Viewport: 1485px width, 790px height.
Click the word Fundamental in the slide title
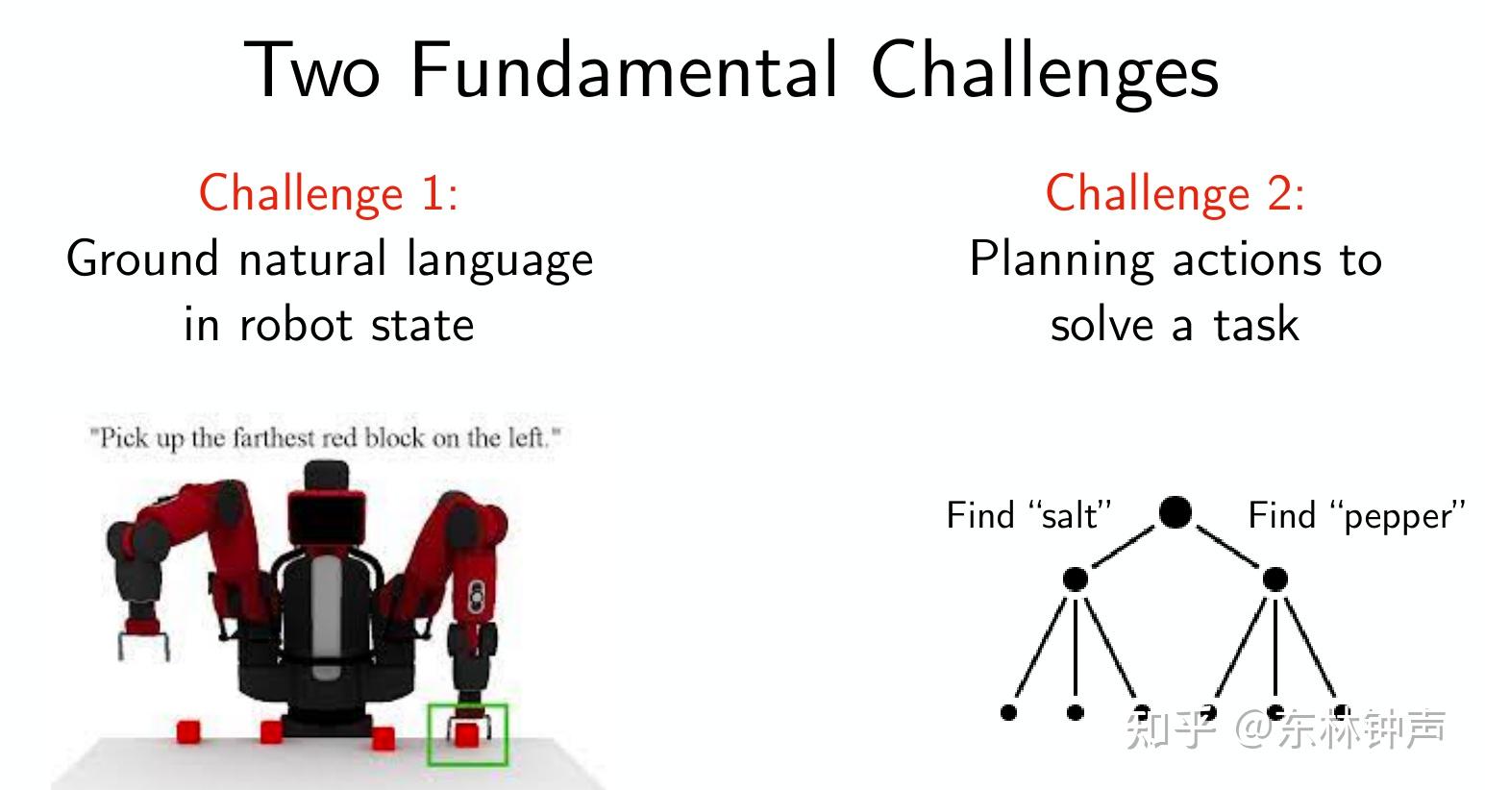[x=624, y=69]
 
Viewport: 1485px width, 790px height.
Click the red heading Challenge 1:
[x=329, y=193]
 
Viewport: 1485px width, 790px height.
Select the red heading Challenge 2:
[x=1175, y=193]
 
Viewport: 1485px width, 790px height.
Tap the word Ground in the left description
[x=142, y=259]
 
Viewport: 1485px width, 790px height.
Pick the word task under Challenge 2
[x=1255, y=324]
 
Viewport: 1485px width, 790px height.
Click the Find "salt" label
[x=1028, y=515]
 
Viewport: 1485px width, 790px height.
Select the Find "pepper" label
[x=1356, y=516]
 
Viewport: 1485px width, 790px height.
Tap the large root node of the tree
[x=1175, y=512]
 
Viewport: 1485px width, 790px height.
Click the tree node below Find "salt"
[x=1076, y=580]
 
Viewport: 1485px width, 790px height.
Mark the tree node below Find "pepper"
[x=1275, y=580]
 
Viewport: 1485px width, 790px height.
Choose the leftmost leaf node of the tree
[x=1008, y=712]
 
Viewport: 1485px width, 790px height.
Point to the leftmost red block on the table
[x=188, y=731]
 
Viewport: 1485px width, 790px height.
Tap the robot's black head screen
[x=326, y=519]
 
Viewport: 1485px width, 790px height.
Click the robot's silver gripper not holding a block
[x=143, y=646]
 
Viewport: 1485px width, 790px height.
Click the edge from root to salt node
[x=1123, y=547]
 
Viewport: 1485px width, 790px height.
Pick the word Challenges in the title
[x=1045, y=73]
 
